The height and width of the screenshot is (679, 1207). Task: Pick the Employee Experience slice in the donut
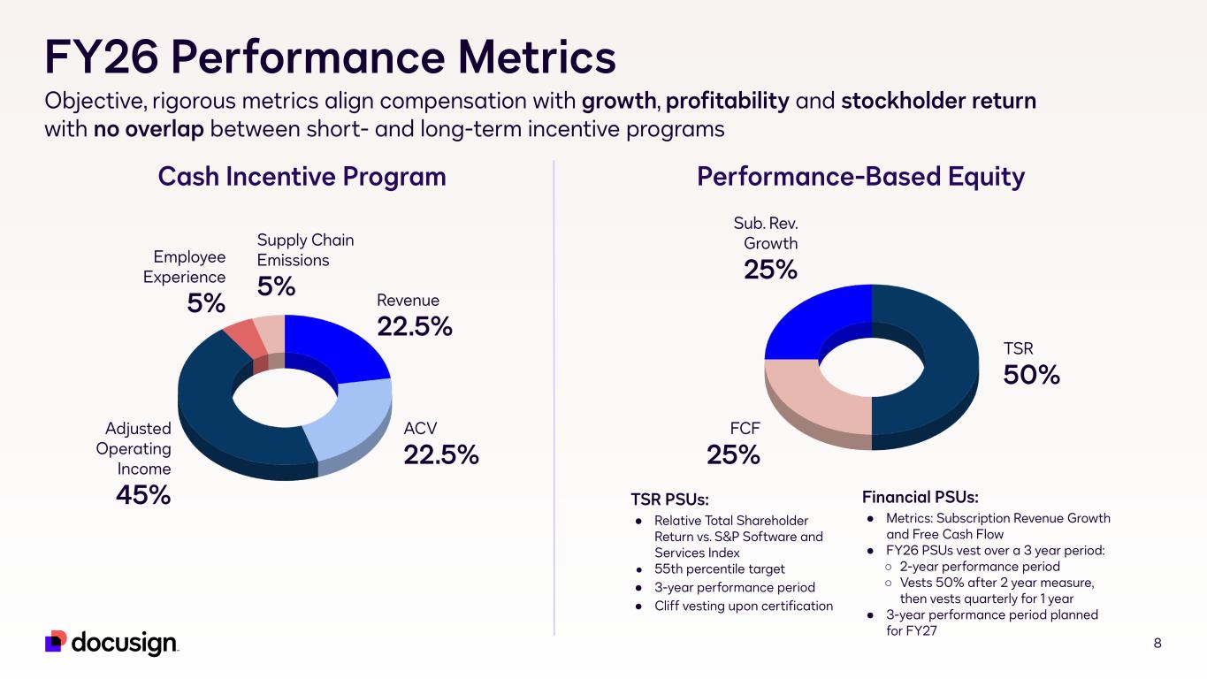(245, 339)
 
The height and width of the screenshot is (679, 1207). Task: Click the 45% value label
(143, 495)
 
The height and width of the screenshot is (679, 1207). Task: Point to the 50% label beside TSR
(1031, 375)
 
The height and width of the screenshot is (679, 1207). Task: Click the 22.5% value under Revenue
(415, 326)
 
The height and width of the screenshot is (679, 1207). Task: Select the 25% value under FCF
(733, 454)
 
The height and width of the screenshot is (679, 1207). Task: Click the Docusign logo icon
(56, 641)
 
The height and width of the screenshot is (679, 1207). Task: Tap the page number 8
(1157, 643)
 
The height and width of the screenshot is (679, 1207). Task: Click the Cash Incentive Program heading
(302, 177)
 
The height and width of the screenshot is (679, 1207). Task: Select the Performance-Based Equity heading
(860, 177)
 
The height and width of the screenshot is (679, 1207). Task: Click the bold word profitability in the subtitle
(728, 102)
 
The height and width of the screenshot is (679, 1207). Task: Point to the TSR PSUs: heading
(669, 500)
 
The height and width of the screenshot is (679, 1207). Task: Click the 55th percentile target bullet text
(720, 569)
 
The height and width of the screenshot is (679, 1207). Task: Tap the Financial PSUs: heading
(921, 497)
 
